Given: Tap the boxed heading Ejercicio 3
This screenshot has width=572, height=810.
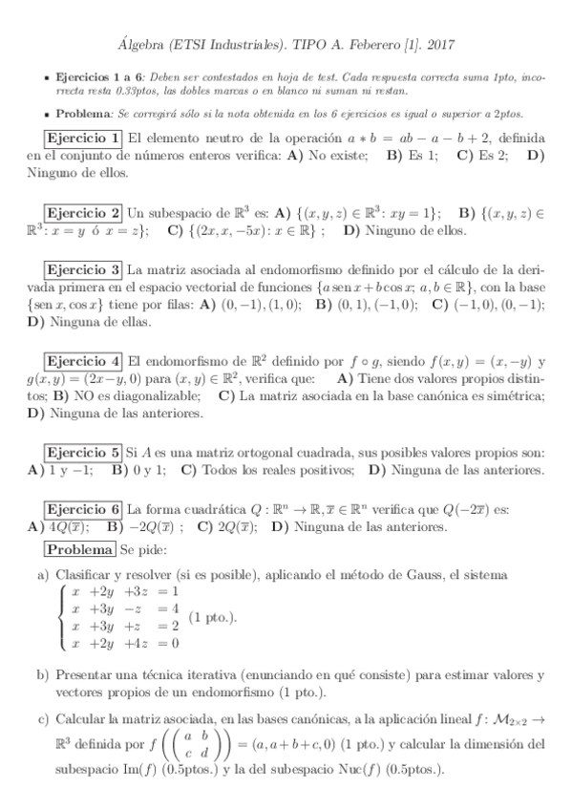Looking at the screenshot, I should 84,269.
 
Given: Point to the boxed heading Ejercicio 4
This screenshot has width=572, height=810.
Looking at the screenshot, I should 84,361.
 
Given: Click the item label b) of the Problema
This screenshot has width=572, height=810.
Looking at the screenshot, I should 43,674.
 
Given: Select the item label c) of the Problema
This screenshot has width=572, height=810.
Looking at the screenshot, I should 43,717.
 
